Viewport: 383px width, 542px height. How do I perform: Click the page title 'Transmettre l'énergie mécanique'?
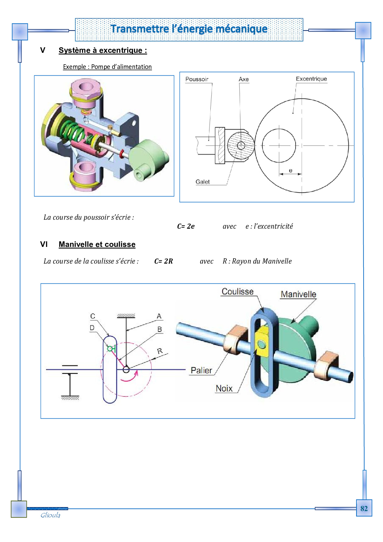[x=189, y=29]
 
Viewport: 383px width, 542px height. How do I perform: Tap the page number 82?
[x=364, y=509]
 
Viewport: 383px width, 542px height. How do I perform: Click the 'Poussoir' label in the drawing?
[x=197, y=79]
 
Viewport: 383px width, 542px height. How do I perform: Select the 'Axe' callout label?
[x=244, y=79]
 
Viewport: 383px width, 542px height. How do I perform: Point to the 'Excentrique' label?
[x=311, y=79]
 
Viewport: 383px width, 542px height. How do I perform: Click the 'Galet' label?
[x=203, y=182]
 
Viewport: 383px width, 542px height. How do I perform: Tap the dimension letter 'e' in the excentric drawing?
[x=290, y=171]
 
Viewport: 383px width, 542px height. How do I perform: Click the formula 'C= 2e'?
[x=186, y=226]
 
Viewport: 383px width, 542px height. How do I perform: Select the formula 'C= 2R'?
[x=163, y=261]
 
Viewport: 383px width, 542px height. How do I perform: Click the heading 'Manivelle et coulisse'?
[x=97, y=244]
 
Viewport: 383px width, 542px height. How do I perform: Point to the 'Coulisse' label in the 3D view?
[x=238, y=291]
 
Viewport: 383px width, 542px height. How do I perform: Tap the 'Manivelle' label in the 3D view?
[x=298, y=294]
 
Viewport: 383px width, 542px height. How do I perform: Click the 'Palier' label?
[x=201, y=370]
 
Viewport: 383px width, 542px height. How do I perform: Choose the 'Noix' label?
[x=224, y=388]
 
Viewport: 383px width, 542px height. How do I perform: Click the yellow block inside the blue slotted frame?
[x=262, y=341]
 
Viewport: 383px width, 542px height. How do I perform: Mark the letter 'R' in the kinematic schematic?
[x=160, y=351]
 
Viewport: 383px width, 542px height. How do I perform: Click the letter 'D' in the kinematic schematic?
[x=92, y=328]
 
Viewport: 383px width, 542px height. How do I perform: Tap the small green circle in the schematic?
[x=110, y=349]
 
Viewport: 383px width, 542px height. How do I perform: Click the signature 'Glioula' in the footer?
[x=50, y=515]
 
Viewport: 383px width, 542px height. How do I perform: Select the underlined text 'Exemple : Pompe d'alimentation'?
[x=107, y=67]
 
